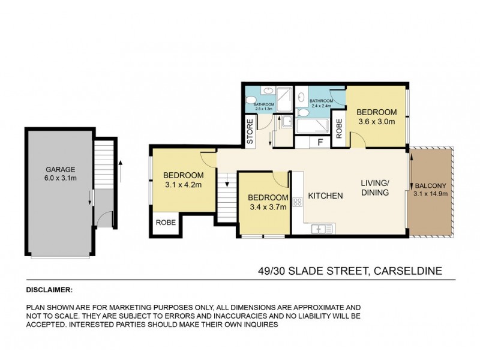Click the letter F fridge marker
319,143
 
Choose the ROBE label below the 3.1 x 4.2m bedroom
166,221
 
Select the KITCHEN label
326,196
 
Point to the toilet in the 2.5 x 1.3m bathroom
251,100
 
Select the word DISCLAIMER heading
49,289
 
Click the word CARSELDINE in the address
408,271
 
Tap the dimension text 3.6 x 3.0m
376,121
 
